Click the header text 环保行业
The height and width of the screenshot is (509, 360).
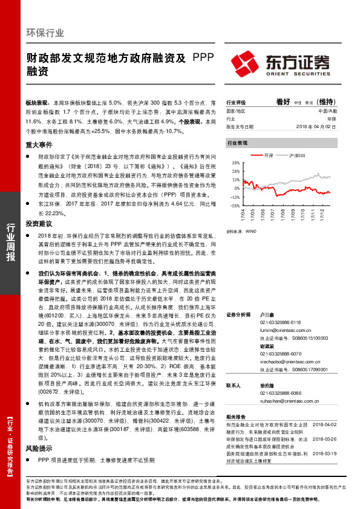click(45, 33)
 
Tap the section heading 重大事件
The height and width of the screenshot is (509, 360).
click(38, 145)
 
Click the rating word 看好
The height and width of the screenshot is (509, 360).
click(283, 102)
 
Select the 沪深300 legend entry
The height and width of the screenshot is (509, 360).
click(298, 156)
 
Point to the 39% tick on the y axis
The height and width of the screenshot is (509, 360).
click(235, 162)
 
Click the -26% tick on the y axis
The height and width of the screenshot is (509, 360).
click(234, 206)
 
